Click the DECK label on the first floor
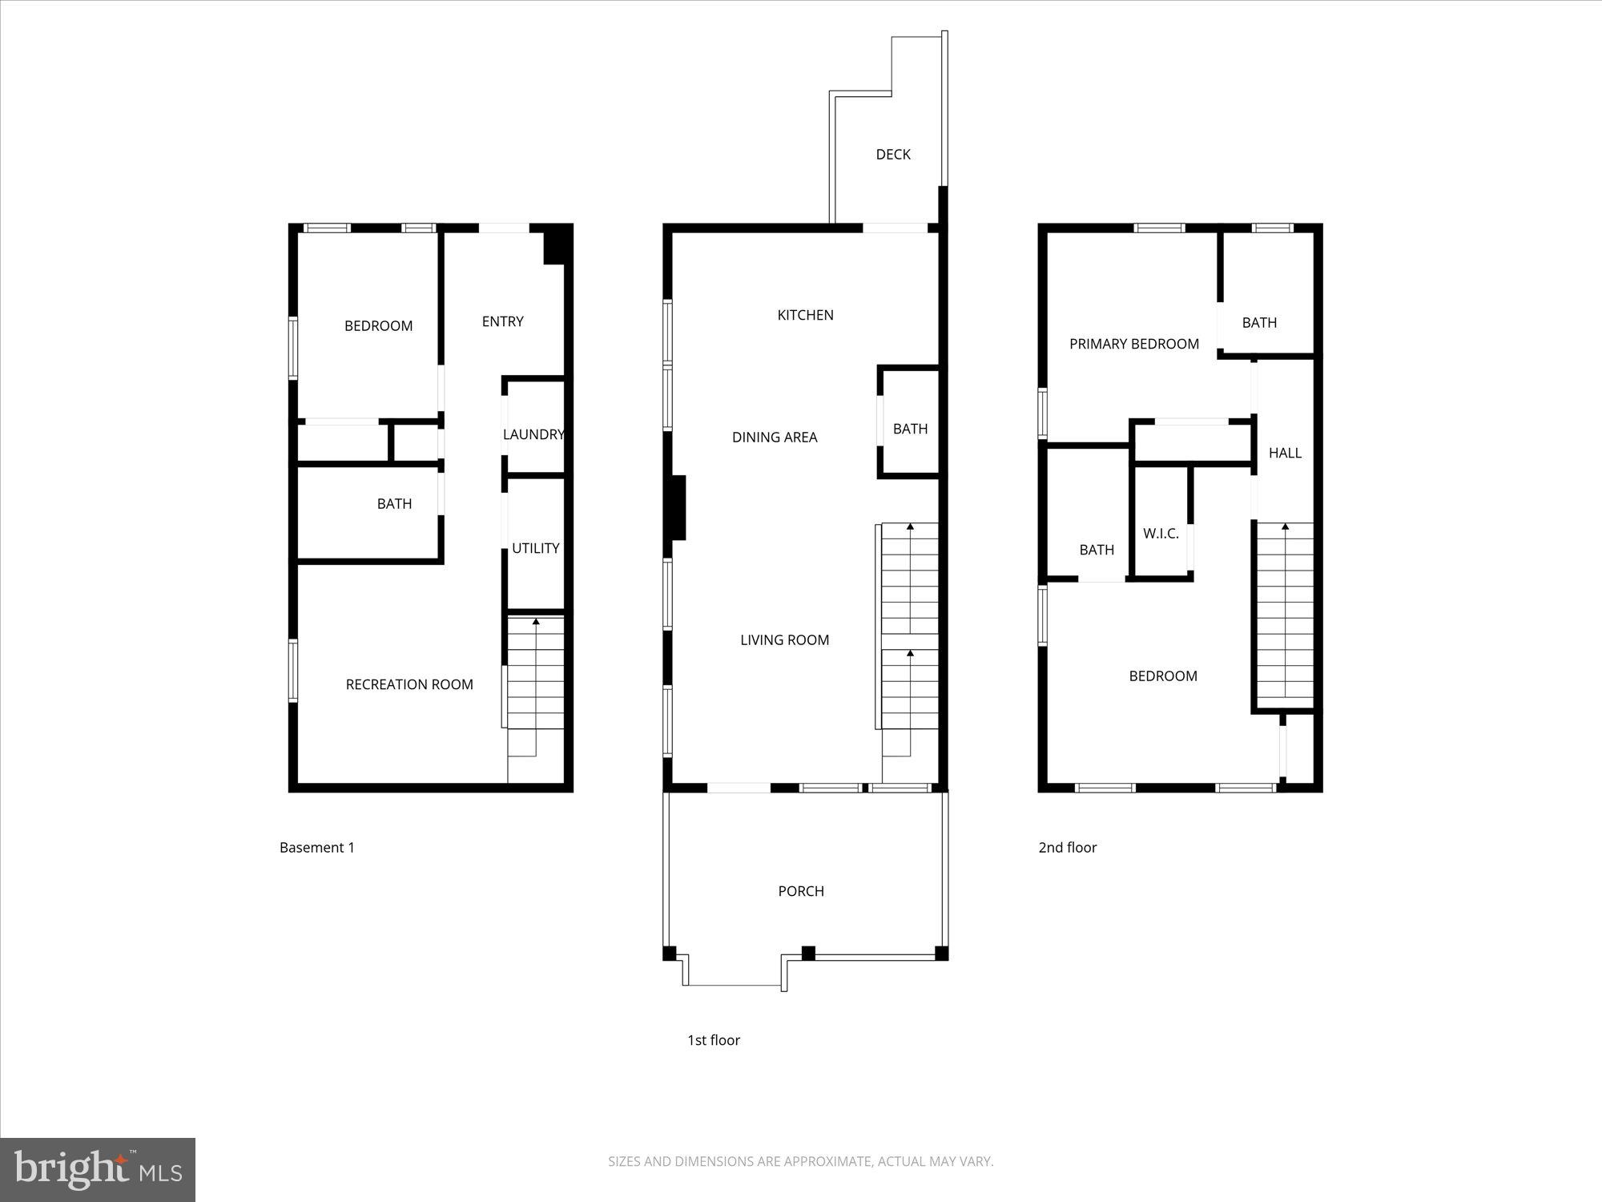pos(892,155)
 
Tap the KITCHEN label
pos(805,315)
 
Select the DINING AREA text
pos(775,437)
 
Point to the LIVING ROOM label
pos(784,639)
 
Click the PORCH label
pos(801,891)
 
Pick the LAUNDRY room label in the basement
pos(533,434)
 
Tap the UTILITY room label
pos(535,548)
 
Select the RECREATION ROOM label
pos(409,684)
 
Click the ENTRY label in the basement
pos(502,321)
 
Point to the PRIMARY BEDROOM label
pos(1133,344)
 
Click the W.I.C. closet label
pos(1161,534)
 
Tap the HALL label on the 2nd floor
pos(1285,453)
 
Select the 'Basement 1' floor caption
pos(316,847)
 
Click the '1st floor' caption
pos(713,1040)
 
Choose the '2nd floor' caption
pos(1067,847)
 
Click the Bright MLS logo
pos(98,1169)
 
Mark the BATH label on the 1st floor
pos(910,429)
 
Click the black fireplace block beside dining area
pos(678,507)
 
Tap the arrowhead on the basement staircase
pos(536,621)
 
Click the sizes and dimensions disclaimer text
pos(800,1161)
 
